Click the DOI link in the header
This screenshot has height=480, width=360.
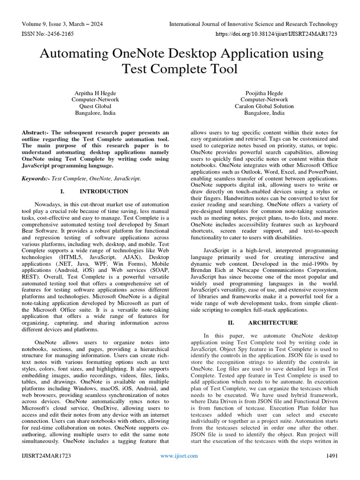click(276, 34)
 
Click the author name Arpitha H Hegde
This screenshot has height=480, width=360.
click(95, 93)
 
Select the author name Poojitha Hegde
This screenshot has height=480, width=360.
click(264, 93)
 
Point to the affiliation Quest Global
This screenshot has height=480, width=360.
click(95, 106)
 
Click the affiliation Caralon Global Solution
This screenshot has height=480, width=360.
click(264, 106)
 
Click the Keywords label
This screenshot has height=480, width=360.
click(36, 179)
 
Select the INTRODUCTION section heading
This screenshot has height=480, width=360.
click(104, 191)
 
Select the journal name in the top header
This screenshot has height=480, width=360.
click(253, 24)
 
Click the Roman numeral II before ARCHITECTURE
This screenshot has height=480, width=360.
click(231, 322)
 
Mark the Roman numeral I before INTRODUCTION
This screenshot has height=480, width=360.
click(62, 191)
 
